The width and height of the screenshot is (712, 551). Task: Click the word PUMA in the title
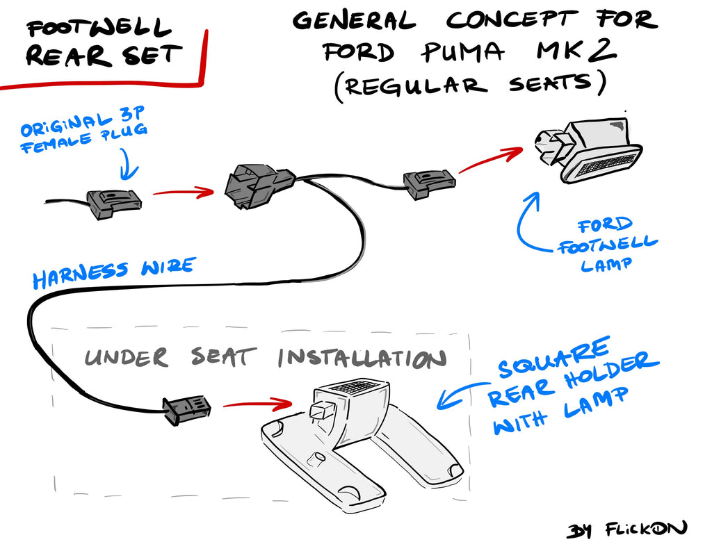[462, 52]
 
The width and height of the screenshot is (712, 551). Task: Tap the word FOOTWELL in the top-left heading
[99, 27]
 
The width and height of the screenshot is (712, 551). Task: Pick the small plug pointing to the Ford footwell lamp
[429, 183]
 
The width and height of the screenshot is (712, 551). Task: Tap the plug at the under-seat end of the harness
[186, 410]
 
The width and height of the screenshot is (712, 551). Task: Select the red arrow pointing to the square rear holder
[257, 404]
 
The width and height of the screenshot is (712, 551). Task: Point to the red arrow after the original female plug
[184, 192]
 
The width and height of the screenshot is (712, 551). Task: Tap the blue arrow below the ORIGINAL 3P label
[129, 165]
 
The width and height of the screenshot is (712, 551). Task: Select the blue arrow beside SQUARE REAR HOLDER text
[459, 394]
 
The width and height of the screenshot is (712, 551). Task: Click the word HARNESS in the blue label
[81, 274]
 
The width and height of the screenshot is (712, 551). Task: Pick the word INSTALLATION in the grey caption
[362, 359]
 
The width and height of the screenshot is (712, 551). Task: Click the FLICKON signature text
[646, 529]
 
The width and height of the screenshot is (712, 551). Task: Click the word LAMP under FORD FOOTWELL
[606, 265]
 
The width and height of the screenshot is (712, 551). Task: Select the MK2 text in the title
[576, 51]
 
